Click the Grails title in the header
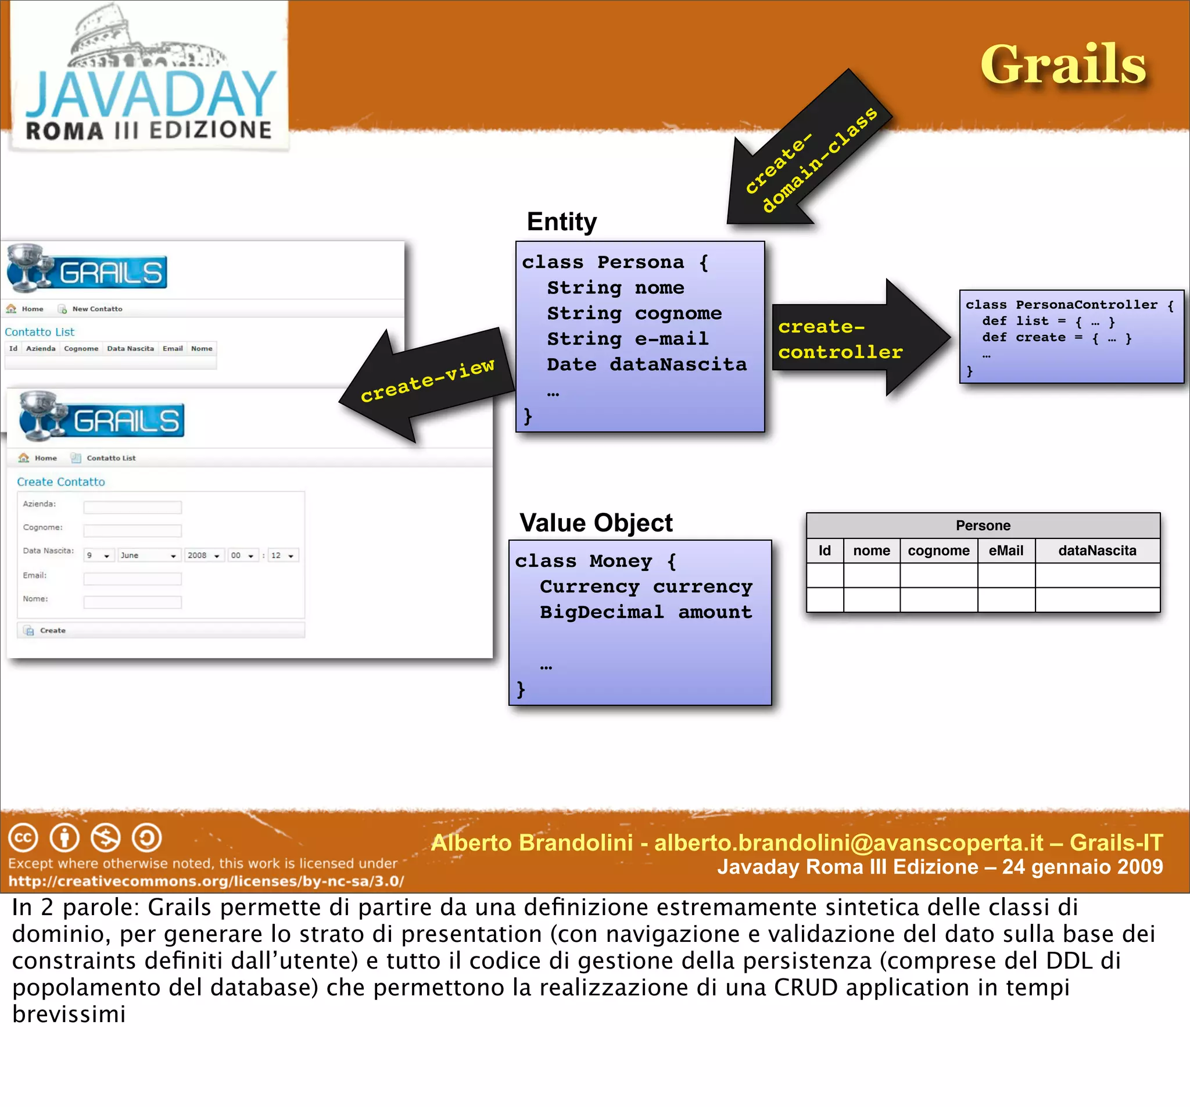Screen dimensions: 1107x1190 point(1063,64)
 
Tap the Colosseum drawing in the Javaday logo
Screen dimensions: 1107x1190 point(146,40)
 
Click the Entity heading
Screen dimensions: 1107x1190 point(561,222)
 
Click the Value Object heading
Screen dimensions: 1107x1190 point(596,523)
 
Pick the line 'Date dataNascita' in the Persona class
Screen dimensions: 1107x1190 point(647,364)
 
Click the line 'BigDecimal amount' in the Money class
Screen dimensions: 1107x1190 point(646,612)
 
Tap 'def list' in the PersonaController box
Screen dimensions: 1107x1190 point(1015,321)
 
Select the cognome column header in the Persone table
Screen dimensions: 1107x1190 point(938,551)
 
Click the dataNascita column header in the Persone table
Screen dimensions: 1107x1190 point(1096,551)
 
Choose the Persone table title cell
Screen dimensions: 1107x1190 point(983,526)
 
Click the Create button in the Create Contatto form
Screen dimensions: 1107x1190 point(53,630)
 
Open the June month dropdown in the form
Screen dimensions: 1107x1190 point(148,555)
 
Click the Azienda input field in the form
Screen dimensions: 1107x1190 point(132,508)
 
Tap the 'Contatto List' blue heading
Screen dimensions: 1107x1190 point(40,332)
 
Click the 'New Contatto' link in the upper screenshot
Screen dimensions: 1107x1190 point(96,309)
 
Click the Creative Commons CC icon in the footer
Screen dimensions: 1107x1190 point(23,837)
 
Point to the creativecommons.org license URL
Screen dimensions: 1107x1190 point(206,881)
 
